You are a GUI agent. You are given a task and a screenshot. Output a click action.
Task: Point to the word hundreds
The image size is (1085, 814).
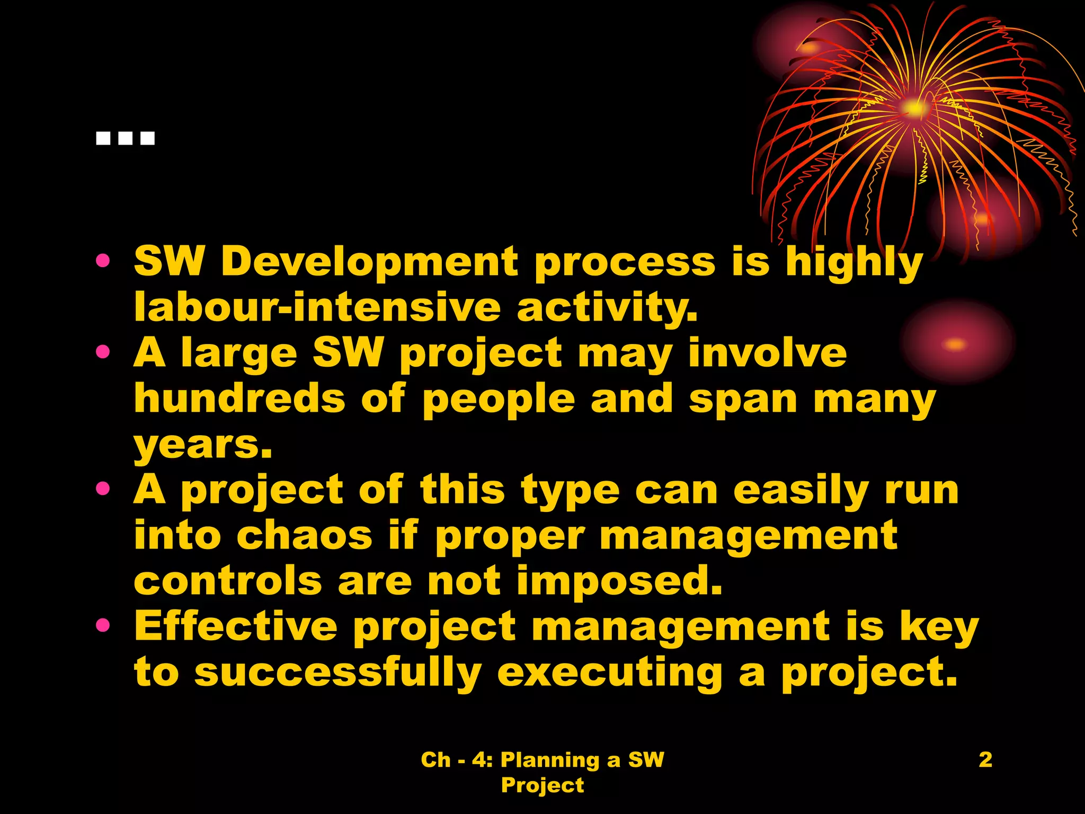pos(239,399)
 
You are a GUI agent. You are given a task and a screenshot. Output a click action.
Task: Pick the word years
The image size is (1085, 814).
pos(202,445)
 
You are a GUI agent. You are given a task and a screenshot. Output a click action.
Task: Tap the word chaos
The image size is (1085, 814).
pos(305,535)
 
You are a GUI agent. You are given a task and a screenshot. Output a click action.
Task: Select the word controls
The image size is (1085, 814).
pos(228,581)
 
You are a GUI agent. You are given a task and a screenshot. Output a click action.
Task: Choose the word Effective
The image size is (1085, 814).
pos(236,626)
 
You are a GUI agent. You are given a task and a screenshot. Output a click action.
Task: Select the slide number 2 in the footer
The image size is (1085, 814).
pos(985,759)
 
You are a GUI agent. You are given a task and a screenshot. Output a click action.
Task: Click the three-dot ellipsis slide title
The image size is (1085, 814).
pos(126,139)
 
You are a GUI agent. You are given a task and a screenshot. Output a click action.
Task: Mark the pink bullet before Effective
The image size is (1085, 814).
pos(103,626)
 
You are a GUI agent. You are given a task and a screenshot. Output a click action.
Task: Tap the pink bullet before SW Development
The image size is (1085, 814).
pos(103,261)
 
